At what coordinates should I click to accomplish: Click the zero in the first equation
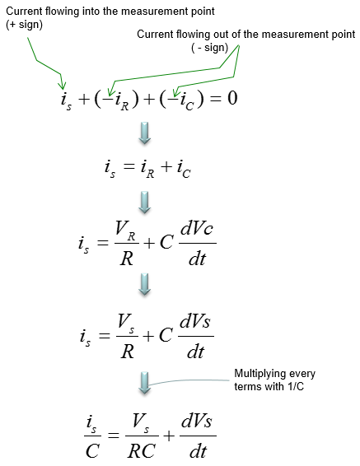232,98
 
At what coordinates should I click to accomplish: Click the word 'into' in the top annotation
91,12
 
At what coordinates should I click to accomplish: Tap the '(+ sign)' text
25,25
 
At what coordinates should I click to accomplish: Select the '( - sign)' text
210,48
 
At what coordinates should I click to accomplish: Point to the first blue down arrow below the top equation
145,133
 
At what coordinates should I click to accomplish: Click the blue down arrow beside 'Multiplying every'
145,383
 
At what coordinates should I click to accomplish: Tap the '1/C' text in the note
296,386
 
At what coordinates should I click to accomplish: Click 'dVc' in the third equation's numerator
197,229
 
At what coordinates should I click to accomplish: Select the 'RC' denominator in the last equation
142,451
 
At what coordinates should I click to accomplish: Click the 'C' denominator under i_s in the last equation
92,451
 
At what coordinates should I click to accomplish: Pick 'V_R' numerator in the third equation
126,231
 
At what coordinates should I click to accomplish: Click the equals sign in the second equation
129,166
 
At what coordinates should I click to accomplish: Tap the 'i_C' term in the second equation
184,169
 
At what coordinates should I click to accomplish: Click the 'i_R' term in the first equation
122,100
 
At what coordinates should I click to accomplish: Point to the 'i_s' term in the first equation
66,100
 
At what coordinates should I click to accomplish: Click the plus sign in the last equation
169,436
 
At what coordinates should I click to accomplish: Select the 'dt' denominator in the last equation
198,451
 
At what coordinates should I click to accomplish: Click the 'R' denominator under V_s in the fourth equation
127,352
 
